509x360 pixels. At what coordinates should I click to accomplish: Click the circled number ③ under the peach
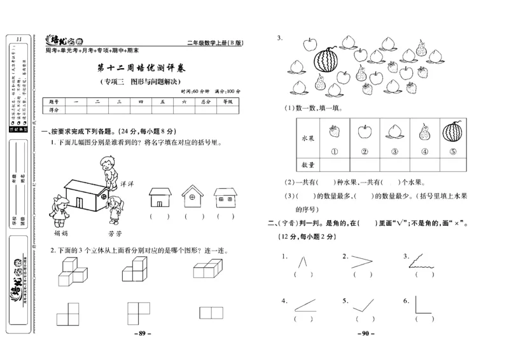pyautogui.click(x=394, y=151)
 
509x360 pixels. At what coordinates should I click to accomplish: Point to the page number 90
pyautogui.click(x=366, y=333)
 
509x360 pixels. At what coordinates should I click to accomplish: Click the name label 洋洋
pyautogui.click(x=126, y=183)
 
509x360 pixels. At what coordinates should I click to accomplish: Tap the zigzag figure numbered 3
pyautogui.click(x=422, y=259)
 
